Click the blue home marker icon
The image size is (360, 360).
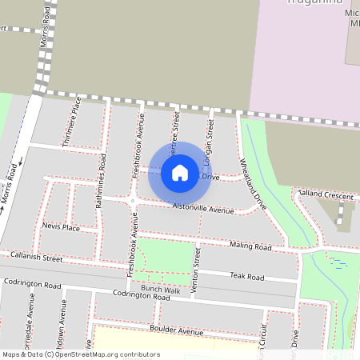(180, 172)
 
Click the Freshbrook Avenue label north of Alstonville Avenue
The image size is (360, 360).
(138, 145)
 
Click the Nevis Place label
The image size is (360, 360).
(61, 227)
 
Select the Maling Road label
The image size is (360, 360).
(250, 246)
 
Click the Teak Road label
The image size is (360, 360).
(246, 276)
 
